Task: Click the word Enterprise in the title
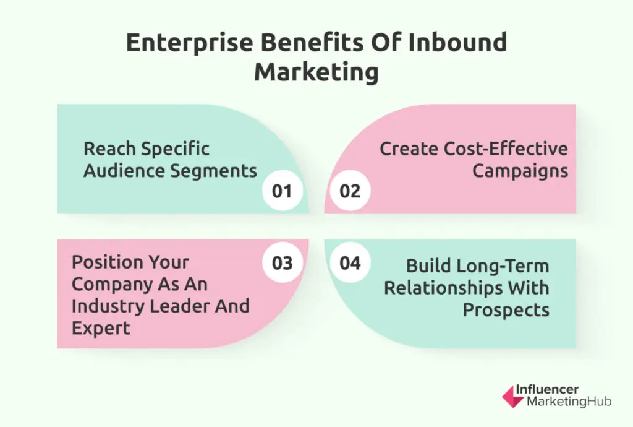(189, 43)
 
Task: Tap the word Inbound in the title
(457, 42)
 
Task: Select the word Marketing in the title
(316, 73)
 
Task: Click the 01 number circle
(282, 191)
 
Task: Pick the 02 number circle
(350, 191)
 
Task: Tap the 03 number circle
(282, 262)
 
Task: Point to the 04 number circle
(350, 262)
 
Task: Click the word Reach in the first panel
(109, 149)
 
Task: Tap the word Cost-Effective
(506, 149)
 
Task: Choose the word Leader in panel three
(180, 306)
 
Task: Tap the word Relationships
(443, 288)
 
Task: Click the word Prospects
(506, 311)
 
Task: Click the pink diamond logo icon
(512, 396)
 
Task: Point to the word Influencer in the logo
(547, 389)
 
